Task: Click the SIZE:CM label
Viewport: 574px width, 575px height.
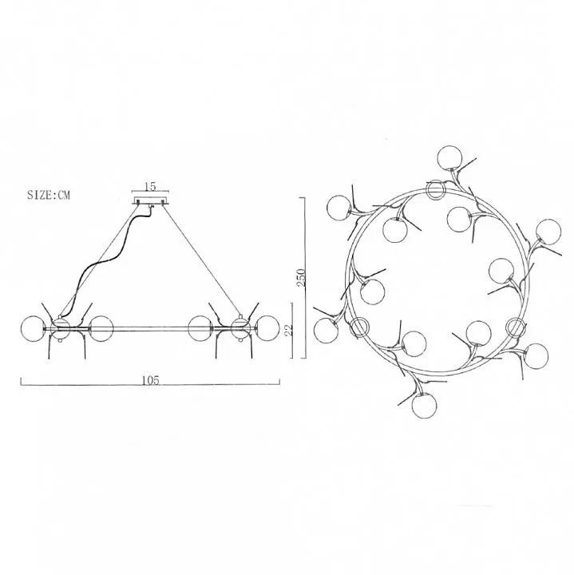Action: click(x=49, y=194)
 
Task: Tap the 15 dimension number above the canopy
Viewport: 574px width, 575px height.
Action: click(x=150, y=186)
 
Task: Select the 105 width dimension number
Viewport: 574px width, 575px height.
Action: click(x=151, y=380)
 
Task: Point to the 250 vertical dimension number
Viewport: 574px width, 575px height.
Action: click(x=300, y=278)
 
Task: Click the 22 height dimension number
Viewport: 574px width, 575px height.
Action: click(x=289, y=330)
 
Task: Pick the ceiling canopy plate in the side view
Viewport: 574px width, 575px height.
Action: click(x=151, y=200)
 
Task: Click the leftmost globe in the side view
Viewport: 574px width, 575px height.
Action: click(x=33, y=328)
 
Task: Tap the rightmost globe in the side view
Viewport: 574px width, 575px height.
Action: click(x=267, y=328)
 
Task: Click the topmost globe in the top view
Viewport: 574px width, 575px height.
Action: click(x=449, y=157)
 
